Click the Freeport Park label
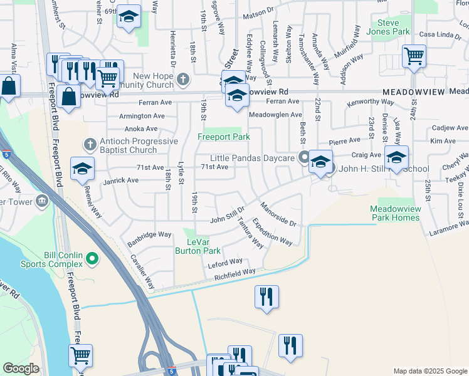[224, 137]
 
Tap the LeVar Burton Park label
[202, 246]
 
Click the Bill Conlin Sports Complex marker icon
[92, 258]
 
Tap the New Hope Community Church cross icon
[183, 79]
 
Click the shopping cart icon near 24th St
[414, 56]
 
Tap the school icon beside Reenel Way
[82, 169]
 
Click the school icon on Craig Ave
[396, 157]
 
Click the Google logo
[21, 368]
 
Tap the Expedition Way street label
[273, 232]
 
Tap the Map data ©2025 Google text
[429, 371]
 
